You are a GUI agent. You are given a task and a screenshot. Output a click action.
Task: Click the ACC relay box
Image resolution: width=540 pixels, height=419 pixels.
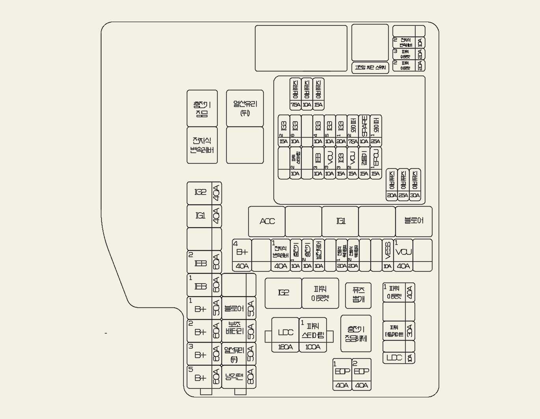tap(267, 221)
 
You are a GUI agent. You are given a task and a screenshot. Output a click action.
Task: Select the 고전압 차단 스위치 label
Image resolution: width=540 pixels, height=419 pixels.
tap(370, 67)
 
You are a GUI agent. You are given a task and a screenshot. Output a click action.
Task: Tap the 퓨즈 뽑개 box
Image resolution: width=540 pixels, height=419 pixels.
tap(358, 295)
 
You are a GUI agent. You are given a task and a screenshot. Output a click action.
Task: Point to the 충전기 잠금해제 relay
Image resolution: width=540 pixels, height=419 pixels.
tap(356, 333)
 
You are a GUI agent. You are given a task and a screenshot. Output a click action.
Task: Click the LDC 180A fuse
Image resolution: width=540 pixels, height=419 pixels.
tap(285, 335)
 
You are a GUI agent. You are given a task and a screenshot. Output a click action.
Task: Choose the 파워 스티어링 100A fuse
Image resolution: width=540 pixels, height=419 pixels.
tap(313, 335)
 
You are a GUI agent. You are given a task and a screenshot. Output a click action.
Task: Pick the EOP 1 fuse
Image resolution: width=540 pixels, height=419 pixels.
tap(342, 374)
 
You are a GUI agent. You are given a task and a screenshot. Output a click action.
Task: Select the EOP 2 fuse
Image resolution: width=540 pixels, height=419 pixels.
tap(361, 374)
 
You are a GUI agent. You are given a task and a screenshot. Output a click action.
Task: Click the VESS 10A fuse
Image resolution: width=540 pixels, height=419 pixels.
tap(388, 255)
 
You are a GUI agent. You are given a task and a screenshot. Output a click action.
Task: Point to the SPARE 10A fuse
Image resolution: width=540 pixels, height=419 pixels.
tap(364, 130)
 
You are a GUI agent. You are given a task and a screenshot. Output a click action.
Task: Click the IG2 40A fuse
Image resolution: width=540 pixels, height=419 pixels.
tap(204, 193)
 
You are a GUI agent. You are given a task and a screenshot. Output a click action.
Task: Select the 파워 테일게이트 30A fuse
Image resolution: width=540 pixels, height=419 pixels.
tap(398, 331)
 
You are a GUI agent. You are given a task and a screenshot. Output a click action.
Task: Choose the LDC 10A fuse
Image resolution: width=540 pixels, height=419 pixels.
tap(398, 358)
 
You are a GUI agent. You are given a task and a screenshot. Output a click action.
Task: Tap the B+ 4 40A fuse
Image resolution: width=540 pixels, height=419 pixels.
tap(242, 255)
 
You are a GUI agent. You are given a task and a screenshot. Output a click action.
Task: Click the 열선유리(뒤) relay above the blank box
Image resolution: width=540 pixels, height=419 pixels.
tap(245, 108)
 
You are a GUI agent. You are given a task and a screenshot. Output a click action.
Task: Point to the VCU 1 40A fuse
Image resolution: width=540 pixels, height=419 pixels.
tap(403, 255)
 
